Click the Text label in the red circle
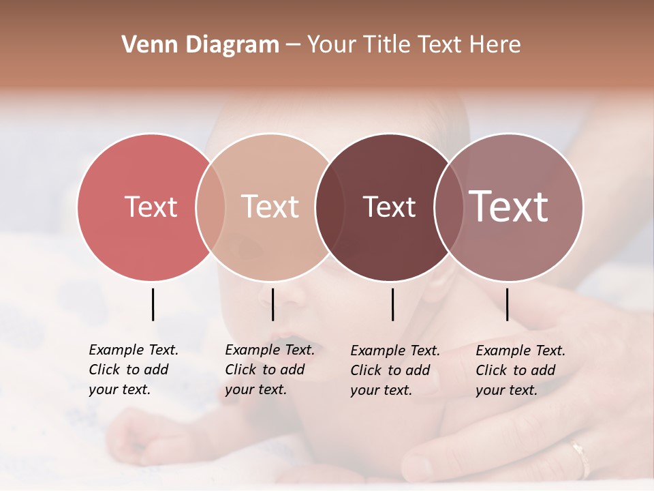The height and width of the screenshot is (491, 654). [x=151, y=207]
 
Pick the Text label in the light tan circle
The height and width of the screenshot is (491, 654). [x=270, y=207]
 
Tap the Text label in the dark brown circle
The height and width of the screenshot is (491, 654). [x=389, y=207]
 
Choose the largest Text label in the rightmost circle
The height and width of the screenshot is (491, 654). [x=509, y=207]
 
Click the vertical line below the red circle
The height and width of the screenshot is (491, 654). [x=153, y=304]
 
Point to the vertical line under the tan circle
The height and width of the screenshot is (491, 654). [x=272, y=304]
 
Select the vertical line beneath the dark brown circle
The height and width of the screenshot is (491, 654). [x=392, y=304]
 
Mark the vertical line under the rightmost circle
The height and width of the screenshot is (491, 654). [x=507, y=304]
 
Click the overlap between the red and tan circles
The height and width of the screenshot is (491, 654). [x=211, y=207]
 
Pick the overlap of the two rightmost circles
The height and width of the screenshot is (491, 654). [x=449, y=207]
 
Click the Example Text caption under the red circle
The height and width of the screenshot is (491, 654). [x=133, y=370]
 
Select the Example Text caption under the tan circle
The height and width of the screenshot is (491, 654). [x=269, y=370]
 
